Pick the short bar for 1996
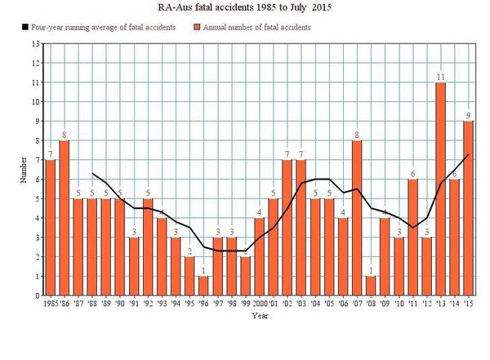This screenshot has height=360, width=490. point(202,287)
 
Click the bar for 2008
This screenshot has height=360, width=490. point(372,287)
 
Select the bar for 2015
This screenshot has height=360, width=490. point(468,209)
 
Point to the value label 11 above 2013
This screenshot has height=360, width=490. point(439,77)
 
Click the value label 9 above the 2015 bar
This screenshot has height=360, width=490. point(468,115)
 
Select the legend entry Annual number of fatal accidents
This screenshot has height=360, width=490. point(248,28)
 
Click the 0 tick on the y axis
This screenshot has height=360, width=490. point(37,296)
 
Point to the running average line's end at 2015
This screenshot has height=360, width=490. point(468,154)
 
